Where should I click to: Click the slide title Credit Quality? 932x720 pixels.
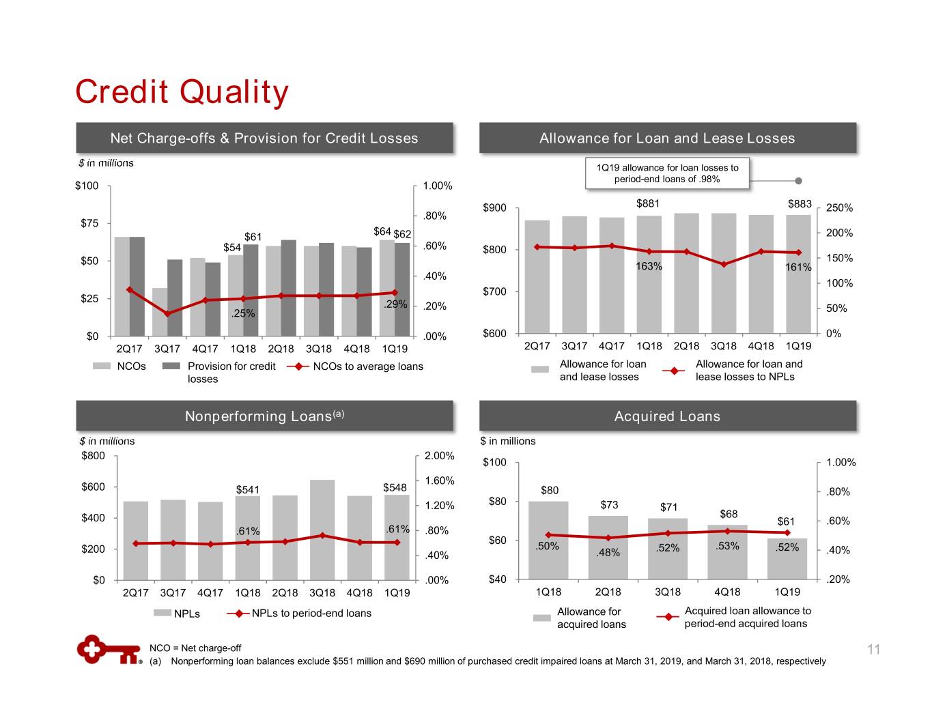pyautogui.click(x=182, y=92)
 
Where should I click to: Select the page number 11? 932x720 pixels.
pyautogui.click(x=874, y=650)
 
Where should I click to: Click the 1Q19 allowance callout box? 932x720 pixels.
pyautogui.click(x=667, y=173)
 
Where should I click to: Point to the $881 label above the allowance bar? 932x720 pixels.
pyautogui.click(x=648, y=203)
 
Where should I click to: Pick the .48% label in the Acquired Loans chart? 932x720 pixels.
pyautogui.click(x=608, y=552)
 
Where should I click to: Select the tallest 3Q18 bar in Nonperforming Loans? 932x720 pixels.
pyautogui.click(x=322, y=529)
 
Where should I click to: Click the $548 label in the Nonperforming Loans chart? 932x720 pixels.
pyautogui.click(x=395, y=487)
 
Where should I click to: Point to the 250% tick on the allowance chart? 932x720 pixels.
pyautogui.click(x=839, y=208)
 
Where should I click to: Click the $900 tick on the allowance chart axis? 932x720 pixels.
pyautogui.click(x=494, y=207)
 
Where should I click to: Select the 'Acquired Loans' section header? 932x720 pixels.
pyautogui.click(x=667, y=416)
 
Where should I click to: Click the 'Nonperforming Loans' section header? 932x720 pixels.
pyautogui.click(x=264, y=416)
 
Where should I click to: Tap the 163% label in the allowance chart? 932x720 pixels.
pyautogui.click(x=649, y=266)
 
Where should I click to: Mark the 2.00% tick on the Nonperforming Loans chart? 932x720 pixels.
pyautogui.click(x=439, y=456)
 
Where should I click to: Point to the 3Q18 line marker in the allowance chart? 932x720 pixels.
pyautogui.click(x=724, y=264)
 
